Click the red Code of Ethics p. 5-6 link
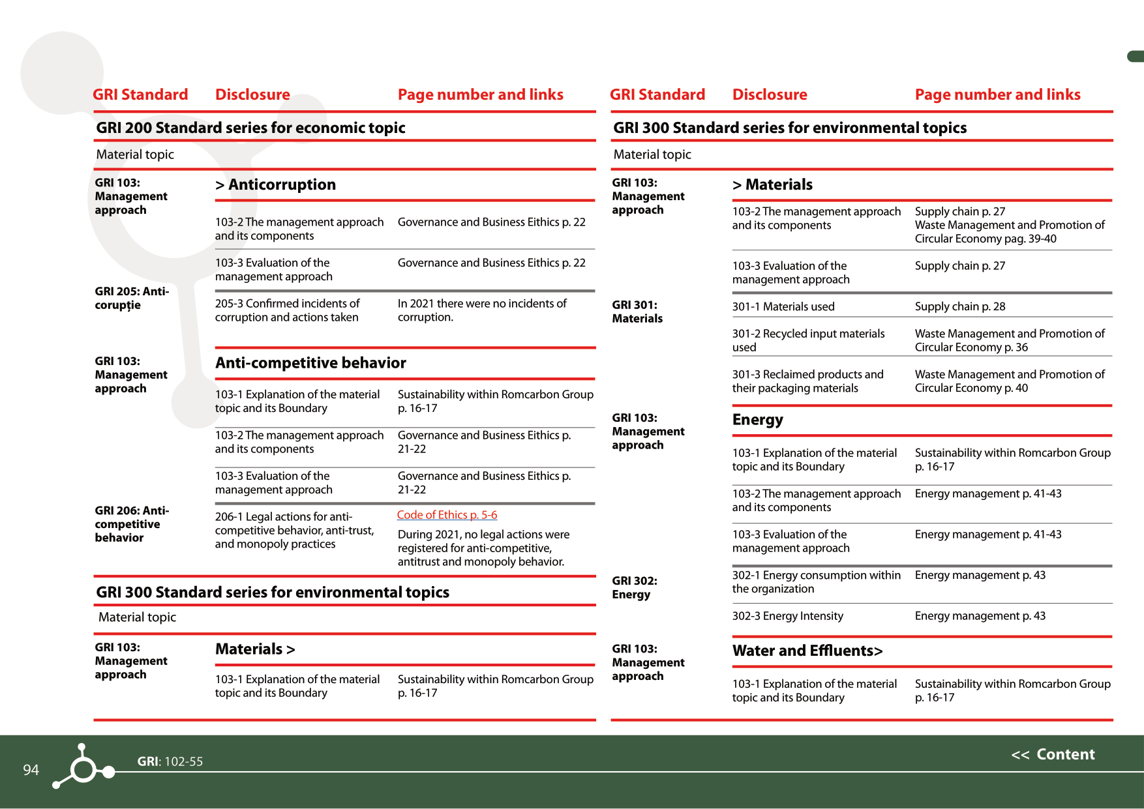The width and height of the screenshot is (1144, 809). tap(447, 515)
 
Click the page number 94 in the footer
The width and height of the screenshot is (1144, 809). tap(31, 770)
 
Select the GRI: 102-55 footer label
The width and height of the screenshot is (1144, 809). tap(170, 761)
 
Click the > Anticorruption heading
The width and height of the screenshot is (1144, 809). tap(275, 184)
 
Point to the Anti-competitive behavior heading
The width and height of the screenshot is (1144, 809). tap(310, 362)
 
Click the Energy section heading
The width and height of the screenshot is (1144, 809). tap(757, 420)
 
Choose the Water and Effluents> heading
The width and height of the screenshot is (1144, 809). tap(807, 651)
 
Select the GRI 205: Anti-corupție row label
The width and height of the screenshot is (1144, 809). tap(131, 298)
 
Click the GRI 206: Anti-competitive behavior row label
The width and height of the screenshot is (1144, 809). tap(131, 524)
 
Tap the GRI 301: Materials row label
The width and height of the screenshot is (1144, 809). tap(637, 312)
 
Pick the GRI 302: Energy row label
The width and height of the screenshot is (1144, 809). tap(634, 587)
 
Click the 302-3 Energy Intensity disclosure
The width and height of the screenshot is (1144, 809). tap(787, 616)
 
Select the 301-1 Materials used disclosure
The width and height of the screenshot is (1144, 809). tap(783, 306)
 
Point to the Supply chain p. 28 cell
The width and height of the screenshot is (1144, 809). tap(959, 306)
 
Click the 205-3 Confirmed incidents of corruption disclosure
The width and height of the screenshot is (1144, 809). tap(287, 310)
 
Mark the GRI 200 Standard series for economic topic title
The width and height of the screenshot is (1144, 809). tap(250, 128)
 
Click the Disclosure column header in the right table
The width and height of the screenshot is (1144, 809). tap(769, 95)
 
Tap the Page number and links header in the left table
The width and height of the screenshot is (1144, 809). tap(480, 95)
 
